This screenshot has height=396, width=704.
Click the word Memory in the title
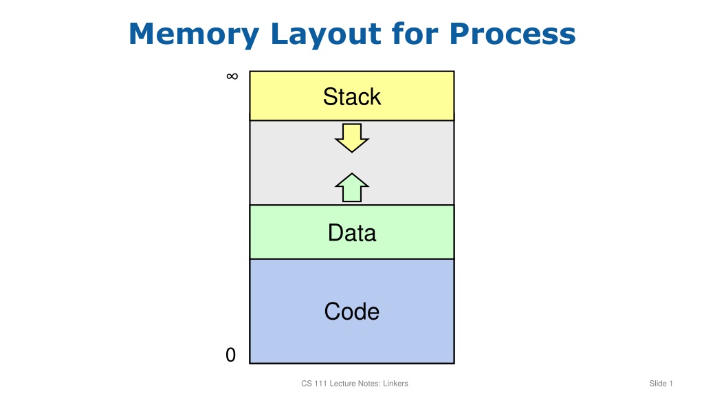[194, 34]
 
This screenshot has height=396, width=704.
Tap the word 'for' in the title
[415, 33]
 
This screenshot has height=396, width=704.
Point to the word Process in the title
[512, 34]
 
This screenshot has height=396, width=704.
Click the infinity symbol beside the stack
[232, 76]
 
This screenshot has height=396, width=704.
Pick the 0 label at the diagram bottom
[230, 355]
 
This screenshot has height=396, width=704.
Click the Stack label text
[352, 96]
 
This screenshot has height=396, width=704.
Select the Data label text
[352, 232]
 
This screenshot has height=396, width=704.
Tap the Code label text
[352, 311]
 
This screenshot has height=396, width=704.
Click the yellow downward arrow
[352, 138]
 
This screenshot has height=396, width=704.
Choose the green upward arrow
[352, 188]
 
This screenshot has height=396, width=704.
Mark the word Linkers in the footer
[395, 384]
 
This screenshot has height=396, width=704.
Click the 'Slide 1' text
[661, 384]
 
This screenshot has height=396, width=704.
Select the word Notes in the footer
[369, 384]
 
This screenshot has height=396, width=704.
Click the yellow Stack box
[352, 96]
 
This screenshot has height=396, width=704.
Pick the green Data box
[352, 232]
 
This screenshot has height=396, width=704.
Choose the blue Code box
[352, 311]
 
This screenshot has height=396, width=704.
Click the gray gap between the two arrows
[352, 163]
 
